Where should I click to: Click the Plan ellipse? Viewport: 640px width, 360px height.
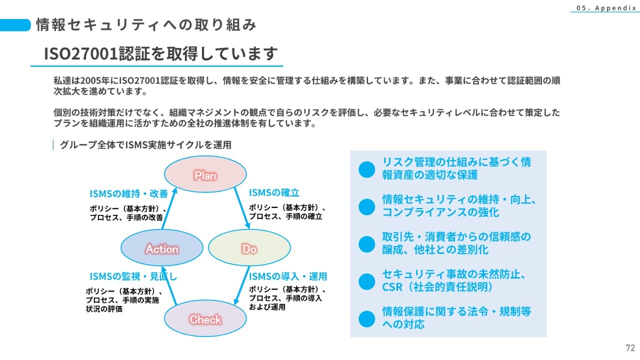(x=205, y=174)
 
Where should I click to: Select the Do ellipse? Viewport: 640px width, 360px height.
(x=249, y=247)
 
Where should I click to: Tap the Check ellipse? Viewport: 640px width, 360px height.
(x=205, y=318)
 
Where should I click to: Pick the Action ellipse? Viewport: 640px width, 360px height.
(x=162, y=247)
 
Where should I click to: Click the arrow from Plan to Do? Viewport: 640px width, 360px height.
(x=242, y=208)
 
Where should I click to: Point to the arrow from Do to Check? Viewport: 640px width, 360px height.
(x=241, y=285)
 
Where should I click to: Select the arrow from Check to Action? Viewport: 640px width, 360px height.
(x=169, y=285)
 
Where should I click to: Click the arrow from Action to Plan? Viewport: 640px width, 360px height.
(x=169, y=208)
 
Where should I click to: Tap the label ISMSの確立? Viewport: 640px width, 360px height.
(x=274, y=193)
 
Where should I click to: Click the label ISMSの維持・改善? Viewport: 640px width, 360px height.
(x=129, y=194)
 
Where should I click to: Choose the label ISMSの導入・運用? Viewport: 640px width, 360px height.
(x=288, y=276)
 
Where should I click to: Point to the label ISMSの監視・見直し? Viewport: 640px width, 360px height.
(x=133, y=276)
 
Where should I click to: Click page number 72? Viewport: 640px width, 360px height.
(x=630, y=347)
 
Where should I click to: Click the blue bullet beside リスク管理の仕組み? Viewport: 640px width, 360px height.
(x=367, y=169)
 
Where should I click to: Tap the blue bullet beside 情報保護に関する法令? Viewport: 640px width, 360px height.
(x=367, y=319)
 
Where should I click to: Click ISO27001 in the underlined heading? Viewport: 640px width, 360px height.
(x=81, y=53)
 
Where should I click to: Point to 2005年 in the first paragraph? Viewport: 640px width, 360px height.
(x=95, y=81)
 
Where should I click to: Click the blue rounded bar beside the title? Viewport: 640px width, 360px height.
(x=15, y=25)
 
